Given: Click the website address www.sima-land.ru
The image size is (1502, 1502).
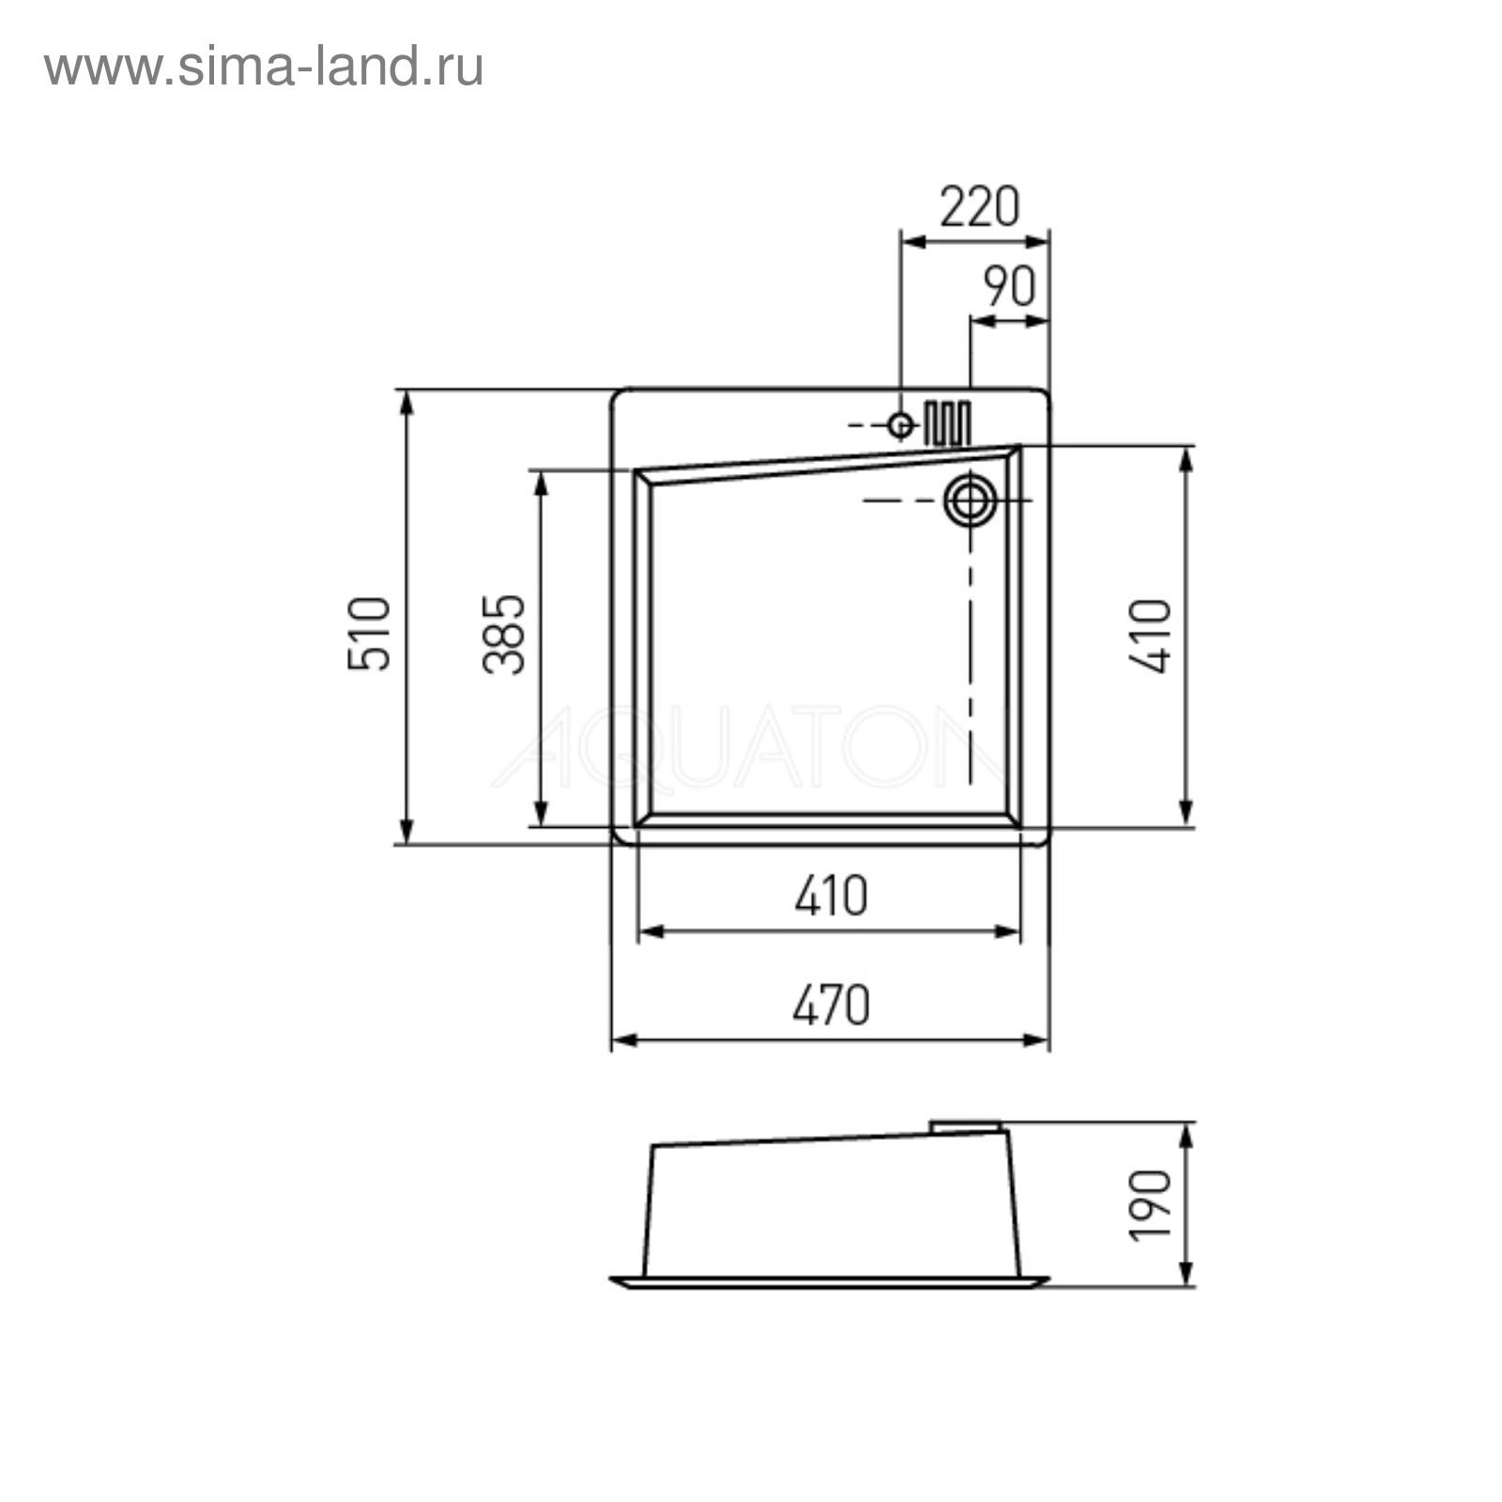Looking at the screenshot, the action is point(264,68).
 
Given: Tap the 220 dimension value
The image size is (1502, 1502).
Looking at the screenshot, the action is point(979,207).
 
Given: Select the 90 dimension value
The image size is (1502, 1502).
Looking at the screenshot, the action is point(1009,287).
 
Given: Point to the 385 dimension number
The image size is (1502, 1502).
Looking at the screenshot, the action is point(504,634).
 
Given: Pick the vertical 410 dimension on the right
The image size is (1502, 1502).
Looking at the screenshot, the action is point(1150,636).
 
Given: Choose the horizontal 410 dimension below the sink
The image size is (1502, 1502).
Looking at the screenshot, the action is point(831,896).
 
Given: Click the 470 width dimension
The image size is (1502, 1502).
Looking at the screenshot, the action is point(831,1005).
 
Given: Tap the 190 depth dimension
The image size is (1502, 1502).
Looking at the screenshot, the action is point(1150,1205).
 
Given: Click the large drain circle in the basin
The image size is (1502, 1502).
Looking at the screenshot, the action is point(970,500).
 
